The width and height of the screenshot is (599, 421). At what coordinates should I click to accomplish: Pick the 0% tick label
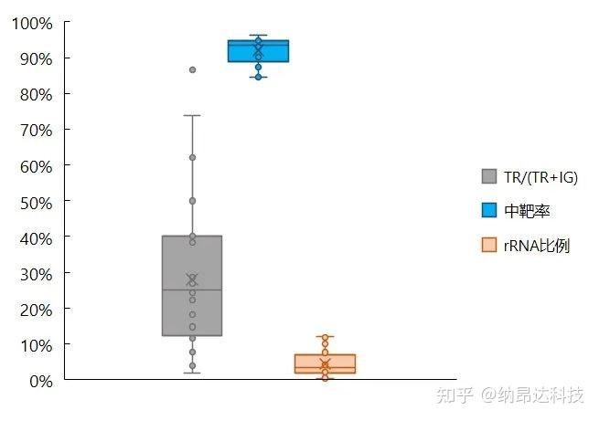tap(38, 380)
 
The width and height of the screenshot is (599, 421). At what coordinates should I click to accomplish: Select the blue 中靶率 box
tap(258, 51)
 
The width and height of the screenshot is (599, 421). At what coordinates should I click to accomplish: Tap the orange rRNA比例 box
tap(325, 363)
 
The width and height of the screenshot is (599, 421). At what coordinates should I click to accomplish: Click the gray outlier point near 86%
tap(192, 69)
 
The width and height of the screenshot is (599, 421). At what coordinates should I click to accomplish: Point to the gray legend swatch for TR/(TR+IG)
tap(489, 176)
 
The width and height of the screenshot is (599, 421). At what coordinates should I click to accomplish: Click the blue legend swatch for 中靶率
tap(489, 211)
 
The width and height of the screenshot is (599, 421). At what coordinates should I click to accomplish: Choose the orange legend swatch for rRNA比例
tap(489, 245)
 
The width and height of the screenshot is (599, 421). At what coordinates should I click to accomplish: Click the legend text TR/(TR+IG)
tap(540, 176)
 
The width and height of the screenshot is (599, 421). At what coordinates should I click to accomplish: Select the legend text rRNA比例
tap(537, 245)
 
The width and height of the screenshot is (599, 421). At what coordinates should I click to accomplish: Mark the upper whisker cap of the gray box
tap(192, 116)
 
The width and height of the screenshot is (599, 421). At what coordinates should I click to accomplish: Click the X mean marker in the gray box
tap(192, 279)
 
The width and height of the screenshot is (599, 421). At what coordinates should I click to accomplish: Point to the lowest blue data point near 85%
tap(258, 77)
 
